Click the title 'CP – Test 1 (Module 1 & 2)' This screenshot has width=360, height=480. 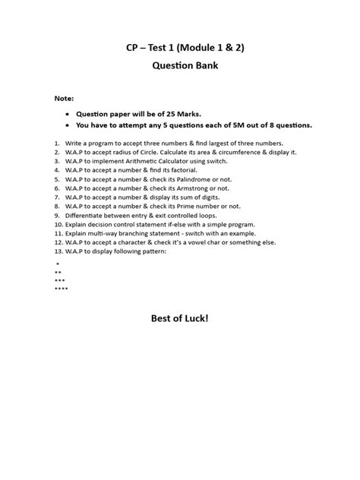(180, 47)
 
